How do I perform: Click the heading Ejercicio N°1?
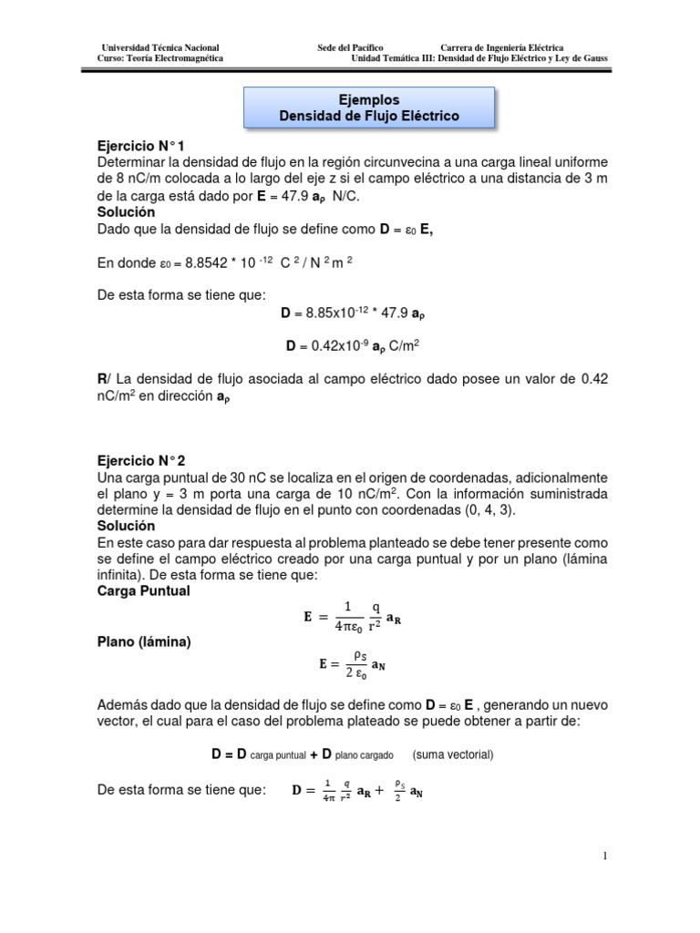click(146, 145)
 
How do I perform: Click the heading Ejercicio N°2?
click(146, 461)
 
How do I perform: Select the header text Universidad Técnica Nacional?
click(160, 47)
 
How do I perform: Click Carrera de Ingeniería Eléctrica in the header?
click(501, 47)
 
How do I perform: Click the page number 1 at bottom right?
click(603, 856)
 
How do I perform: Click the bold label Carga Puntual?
click(143, 591)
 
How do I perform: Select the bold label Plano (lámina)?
click(143, 642)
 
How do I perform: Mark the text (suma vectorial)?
click(452, 755)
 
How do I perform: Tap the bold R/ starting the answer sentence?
click(103, 377)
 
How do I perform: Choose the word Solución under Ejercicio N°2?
click(126, 527)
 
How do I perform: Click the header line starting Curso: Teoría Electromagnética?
click(160, 58)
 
